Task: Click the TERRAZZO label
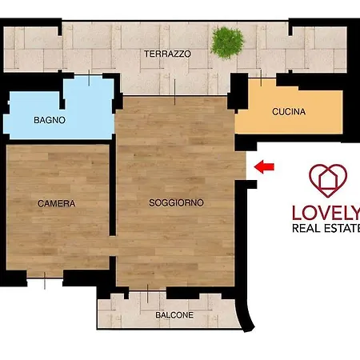click(x=167, y=54)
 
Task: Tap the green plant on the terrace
click(x=227, y=42)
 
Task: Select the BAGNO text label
click(x=50, y=120)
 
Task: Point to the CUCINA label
click(x=289, y=111)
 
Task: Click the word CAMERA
click(x=57, y=203)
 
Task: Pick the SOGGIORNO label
click(x=176, y=202)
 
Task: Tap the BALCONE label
click(x=174, y=315)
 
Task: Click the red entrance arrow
click(x=264, y=167)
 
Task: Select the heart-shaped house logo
click(x=328, y=181)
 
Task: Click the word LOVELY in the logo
click(x=326, y=213)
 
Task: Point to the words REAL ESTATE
click(x=326, y=228)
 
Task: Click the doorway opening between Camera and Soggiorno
click(x=113, y=246)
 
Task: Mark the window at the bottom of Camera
click(x=45, y=278)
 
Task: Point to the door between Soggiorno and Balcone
click(x=147, y=290)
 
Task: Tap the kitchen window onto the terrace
click(x=262, y=78)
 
